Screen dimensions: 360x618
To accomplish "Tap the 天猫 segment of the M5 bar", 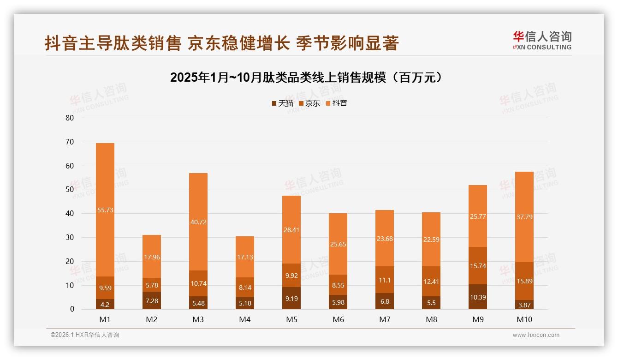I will [291, 299].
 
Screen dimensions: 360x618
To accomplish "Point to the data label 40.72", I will [198, 222].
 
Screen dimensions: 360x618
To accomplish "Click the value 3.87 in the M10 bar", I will [524, 305].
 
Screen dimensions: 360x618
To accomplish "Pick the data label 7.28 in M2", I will [152, 301].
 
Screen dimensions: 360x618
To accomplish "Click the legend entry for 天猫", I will [282, 103].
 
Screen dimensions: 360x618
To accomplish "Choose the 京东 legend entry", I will [309, 103].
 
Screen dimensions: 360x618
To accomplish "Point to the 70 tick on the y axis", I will [70, 142].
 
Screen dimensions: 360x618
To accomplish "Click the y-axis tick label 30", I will [70, 237].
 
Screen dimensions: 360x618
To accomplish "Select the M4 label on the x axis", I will [245, 319].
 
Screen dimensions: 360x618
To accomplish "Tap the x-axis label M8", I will [431, 319].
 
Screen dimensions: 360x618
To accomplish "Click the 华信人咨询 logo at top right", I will [542, 40].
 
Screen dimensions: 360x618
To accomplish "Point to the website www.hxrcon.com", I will [536, 335].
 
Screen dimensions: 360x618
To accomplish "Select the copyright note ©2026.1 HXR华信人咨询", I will [85, 335].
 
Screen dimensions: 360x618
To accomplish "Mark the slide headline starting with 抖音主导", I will [221, 43].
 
